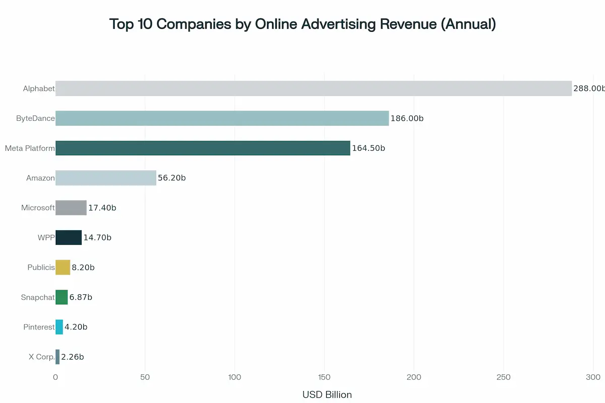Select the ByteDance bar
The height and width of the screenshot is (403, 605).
click(222, 118)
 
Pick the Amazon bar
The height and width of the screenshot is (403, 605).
click(106, 178)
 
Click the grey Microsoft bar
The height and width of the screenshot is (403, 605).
click(71, 208)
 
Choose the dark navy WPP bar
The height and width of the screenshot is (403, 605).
click(69, 237)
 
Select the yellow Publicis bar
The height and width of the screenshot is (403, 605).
click(63, 267)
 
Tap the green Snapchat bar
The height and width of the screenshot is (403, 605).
click(62, 297)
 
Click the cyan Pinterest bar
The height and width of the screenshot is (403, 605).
click(59, 327)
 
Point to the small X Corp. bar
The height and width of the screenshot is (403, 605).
click(57, 357)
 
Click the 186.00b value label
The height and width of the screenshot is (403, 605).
click(407, 118)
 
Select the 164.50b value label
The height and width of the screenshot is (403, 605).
click(369, 148)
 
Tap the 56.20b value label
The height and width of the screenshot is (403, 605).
click(172, 178)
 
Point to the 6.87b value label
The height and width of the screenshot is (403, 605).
click(81, 297)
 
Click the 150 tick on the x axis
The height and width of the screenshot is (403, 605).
click(324, 377)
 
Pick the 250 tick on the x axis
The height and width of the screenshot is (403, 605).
click(503, 377)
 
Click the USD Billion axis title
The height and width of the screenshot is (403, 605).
click(327, 394)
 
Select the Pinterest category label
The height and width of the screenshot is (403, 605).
click(39, 327)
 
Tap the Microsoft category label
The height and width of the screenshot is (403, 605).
click(38, 208)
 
